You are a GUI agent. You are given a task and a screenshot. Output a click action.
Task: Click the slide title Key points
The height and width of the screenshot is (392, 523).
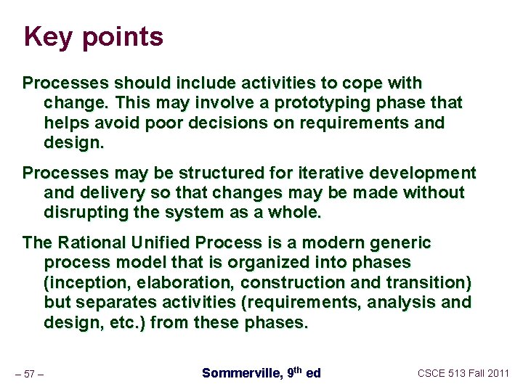93,36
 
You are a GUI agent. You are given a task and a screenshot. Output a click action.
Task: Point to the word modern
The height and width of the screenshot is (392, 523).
328,242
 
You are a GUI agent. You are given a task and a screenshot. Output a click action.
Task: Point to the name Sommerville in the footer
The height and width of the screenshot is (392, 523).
240,373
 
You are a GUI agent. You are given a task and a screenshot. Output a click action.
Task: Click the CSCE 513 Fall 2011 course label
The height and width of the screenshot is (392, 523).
463,373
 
